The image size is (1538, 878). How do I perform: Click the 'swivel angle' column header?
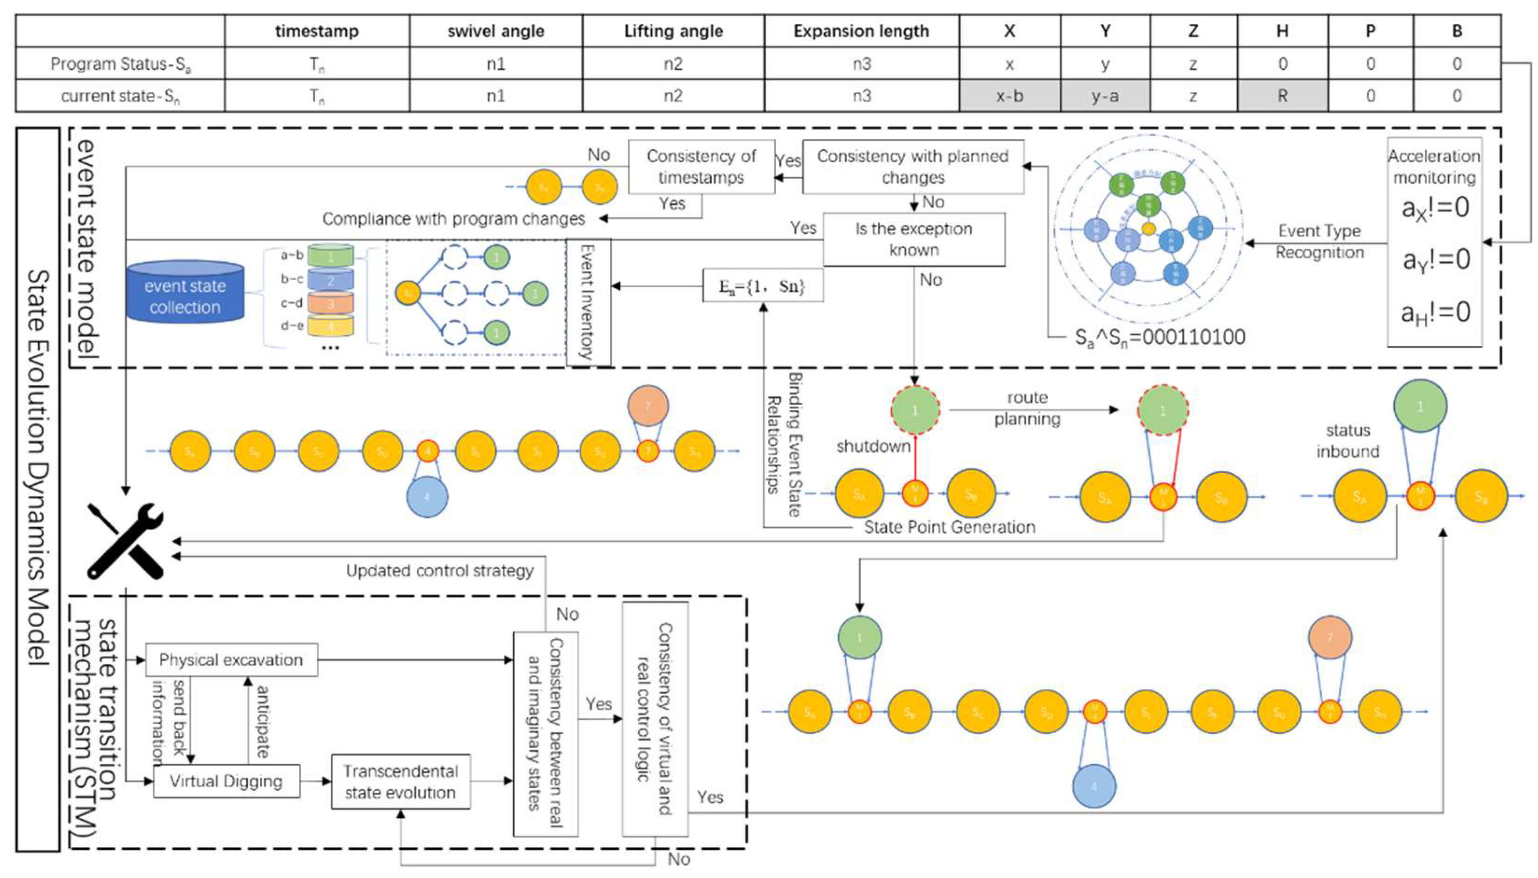(495, 31)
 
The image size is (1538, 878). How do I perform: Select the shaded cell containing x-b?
(1009, 96)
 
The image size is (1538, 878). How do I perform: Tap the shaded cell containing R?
(1282, 96)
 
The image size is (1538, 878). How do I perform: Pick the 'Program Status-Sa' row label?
(120, 64)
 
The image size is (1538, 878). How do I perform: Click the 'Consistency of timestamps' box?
(701, 167)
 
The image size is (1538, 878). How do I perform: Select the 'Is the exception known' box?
(913, 240)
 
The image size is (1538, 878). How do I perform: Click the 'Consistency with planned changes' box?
(913, 167)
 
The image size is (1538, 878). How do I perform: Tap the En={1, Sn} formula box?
(762, 286)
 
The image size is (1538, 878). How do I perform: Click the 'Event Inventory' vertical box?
(588, 302)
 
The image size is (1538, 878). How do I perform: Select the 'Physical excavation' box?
(231, 660)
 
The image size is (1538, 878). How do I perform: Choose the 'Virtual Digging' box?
(226, 781)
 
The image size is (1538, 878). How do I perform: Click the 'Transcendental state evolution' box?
(401, 781)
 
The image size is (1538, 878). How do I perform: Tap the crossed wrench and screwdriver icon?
(126, 541)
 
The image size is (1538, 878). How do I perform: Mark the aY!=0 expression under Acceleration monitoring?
(1434, 260)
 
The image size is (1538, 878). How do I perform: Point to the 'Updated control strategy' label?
(439, 570)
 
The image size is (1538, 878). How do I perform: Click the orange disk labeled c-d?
(330, 303)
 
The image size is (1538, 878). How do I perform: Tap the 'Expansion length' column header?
(861, 31)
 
